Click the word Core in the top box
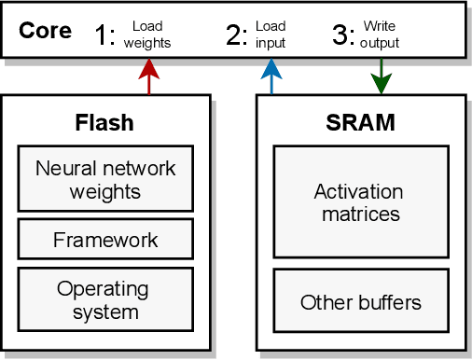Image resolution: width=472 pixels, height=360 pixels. (45, 31)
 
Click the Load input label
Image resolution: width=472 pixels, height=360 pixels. (270, 35)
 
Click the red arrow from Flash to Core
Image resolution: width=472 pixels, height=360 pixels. (148, 77)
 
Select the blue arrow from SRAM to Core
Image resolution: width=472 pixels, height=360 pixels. (271, 77)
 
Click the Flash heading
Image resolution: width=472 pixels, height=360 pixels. (104, 123)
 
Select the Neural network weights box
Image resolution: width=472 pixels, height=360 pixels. (104, 179)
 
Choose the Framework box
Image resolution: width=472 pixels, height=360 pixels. (104, 240)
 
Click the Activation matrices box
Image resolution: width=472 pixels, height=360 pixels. (358, 201)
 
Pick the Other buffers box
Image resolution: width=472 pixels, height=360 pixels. (358, 302)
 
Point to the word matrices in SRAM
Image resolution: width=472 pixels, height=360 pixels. (358, 214)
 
